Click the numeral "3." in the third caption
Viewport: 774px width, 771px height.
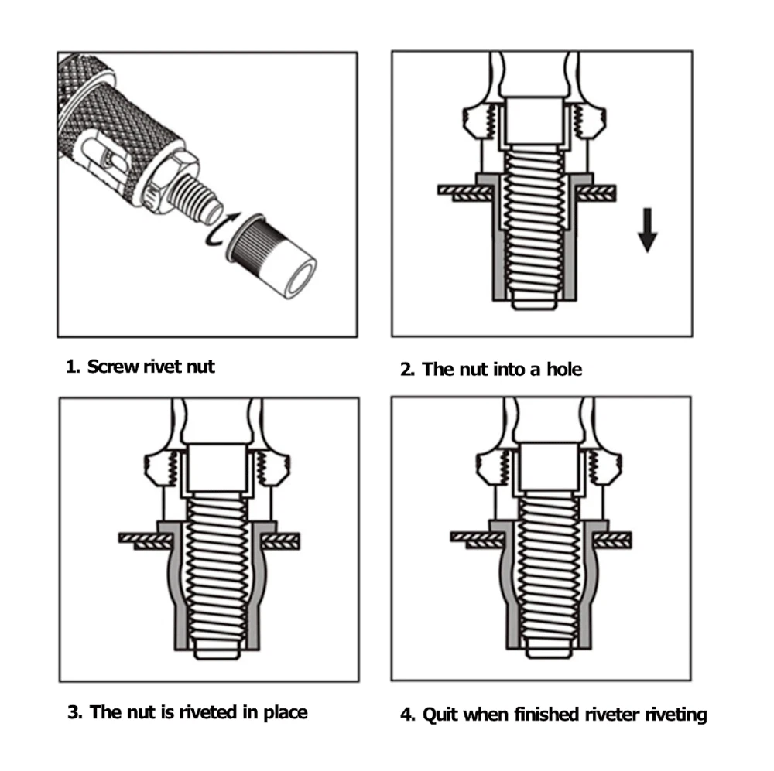coord(74,711)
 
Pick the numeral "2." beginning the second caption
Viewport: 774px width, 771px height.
coord(408,369)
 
